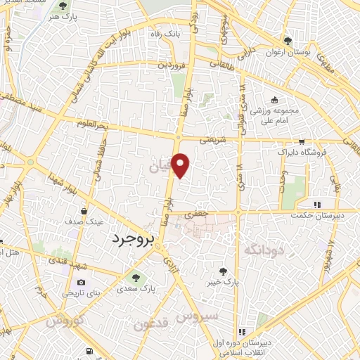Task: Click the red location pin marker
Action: coord(181,165)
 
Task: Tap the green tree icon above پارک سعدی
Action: coord(136,275)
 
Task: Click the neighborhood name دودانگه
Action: coord(262,250)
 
